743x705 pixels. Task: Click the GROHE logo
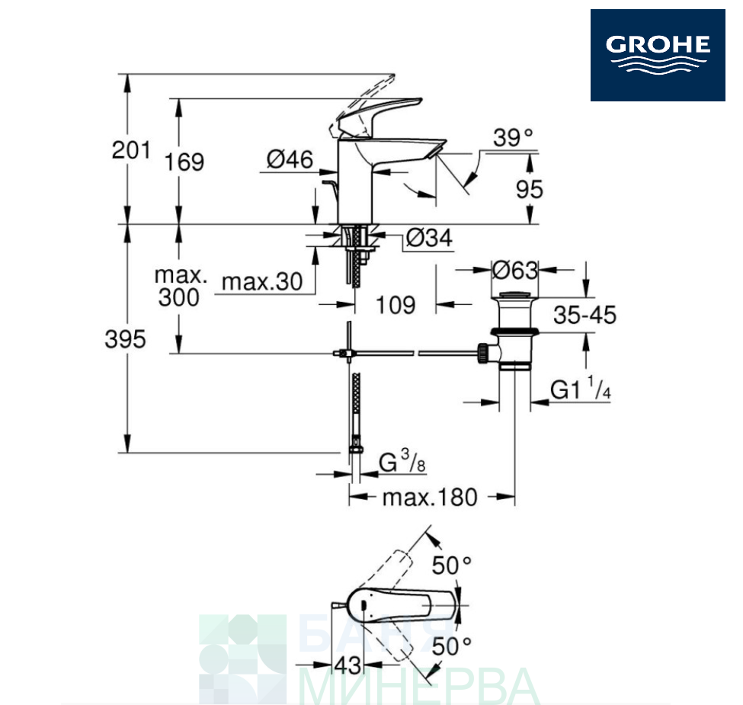point(657,55)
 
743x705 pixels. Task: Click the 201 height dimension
point(131,150)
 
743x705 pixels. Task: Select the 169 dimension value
point(184,162)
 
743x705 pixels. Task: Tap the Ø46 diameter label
point(290,159)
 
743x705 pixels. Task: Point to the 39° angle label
point(513,138)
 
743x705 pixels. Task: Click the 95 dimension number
point(530,190)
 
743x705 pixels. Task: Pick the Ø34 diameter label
point(429,238)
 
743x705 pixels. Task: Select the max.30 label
point(262,282)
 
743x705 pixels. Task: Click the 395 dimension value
point(125,339)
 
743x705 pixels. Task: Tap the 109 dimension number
point(396,305)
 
